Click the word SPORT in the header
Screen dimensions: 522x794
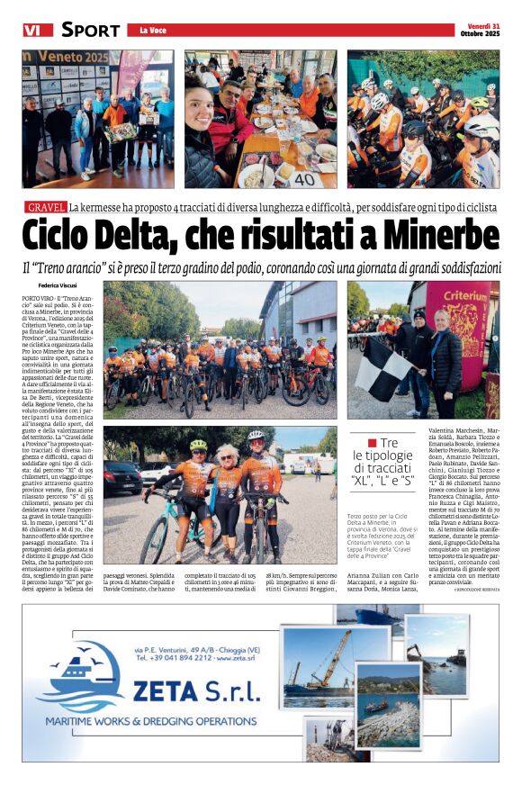pos(90,30)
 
